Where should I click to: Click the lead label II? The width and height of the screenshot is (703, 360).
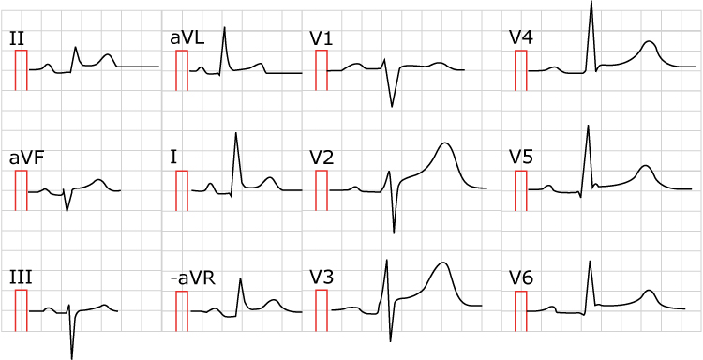[16, 38]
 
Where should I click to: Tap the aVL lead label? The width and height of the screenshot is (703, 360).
[186, 38]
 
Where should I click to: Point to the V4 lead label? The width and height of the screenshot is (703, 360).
[521, 38]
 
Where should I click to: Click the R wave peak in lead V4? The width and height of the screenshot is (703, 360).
[591, 2]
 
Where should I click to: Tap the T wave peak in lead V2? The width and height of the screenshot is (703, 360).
[445, 143]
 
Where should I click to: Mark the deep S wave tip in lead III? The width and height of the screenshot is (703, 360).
[72, 357]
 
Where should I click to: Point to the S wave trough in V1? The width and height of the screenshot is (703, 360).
[393, 106]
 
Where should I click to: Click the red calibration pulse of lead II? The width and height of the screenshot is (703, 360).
[22, 70]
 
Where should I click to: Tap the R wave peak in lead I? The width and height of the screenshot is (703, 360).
[235, 134]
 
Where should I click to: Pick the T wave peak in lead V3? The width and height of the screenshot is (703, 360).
[441, 263]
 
